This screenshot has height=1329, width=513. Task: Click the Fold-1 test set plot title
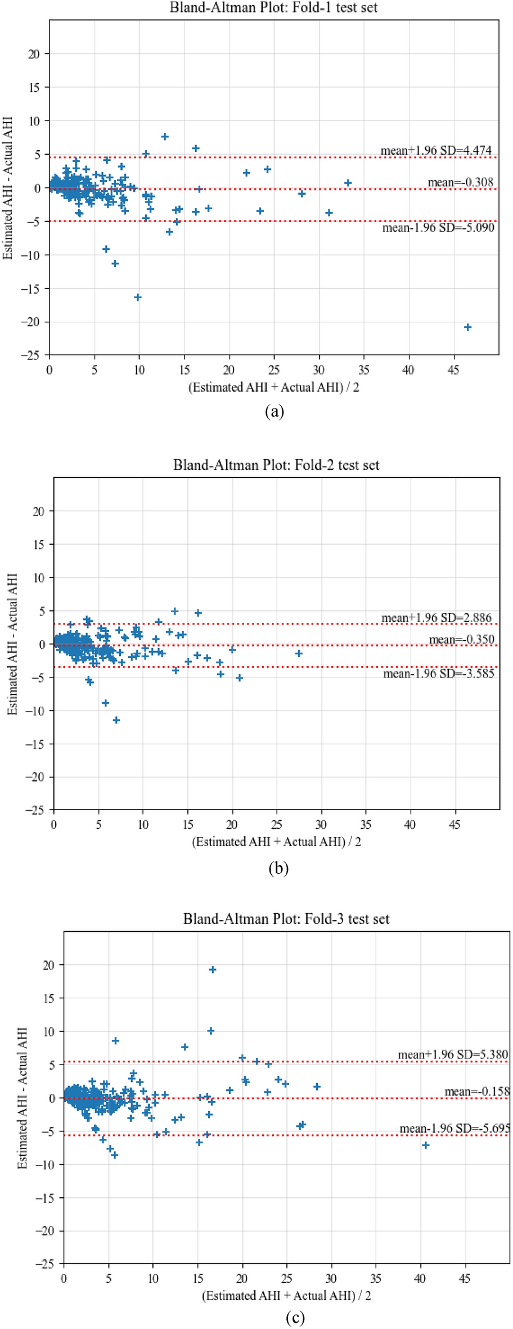click(274, 8)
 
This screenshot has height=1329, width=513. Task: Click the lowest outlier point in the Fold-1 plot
click(467, 327)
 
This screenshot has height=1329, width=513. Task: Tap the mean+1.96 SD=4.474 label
click(436, 150)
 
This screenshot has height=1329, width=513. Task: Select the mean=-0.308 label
click(460, 182)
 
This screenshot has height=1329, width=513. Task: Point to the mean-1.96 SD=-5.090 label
click(438, 228)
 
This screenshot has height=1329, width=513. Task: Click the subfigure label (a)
click(274, 411)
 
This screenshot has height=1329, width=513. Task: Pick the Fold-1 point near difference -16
click(138, 297)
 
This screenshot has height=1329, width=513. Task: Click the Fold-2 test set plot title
click(276, 465)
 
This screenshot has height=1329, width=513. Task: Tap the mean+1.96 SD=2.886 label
click(436, 618)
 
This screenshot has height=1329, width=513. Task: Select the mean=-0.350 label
click(461, 640)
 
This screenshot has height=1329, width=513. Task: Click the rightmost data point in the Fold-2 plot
click(299, 654)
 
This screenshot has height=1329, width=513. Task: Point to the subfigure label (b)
click(278, 868)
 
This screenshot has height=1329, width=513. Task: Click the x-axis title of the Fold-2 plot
click(276, 842)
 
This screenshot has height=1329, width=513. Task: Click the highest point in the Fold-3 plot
click(213, 969)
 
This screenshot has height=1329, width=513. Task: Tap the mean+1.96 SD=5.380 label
click(453, 1054)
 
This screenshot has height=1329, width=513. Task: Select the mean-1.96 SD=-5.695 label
click(454, 1129)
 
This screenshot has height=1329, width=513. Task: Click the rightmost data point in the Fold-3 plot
click(426, 1145)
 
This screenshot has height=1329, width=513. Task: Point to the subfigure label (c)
click(295, 1318)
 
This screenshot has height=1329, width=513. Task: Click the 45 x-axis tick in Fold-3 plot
click(465, 1278)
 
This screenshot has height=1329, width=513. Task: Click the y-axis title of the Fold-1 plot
click(8, 188)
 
